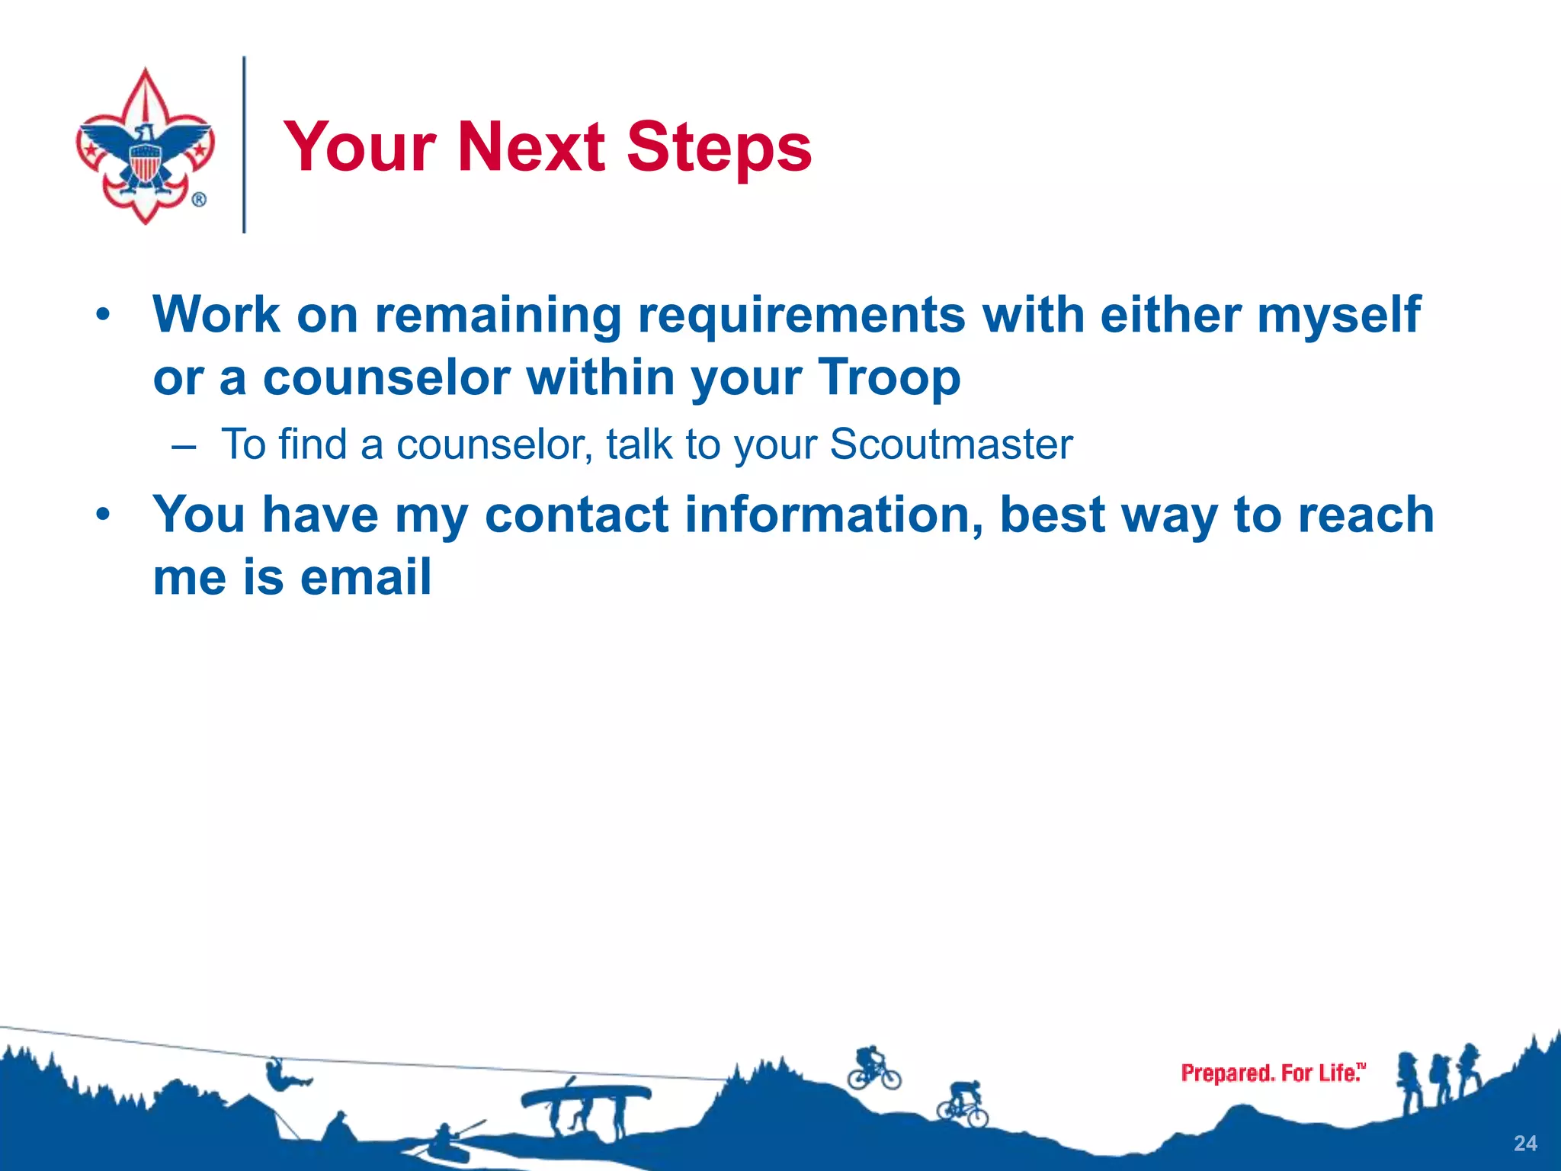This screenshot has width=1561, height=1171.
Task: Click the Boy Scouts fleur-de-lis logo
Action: [145, 146]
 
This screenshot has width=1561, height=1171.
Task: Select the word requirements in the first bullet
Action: [801, 315]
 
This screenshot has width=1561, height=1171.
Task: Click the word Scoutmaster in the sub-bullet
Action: [950, 444]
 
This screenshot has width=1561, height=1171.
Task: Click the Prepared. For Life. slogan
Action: [1272, 1073]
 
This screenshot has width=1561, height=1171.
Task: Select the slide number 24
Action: [1525, 1143]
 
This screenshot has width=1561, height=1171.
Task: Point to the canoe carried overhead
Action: [585, 1096]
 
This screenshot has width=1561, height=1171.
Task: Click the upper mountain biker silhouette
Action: [873, 1068]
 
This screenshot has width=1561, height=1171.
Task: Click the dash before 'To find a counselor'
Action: [184, 446]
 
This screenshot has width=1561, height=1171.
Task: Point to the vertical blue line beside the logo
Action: [244, 145]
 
